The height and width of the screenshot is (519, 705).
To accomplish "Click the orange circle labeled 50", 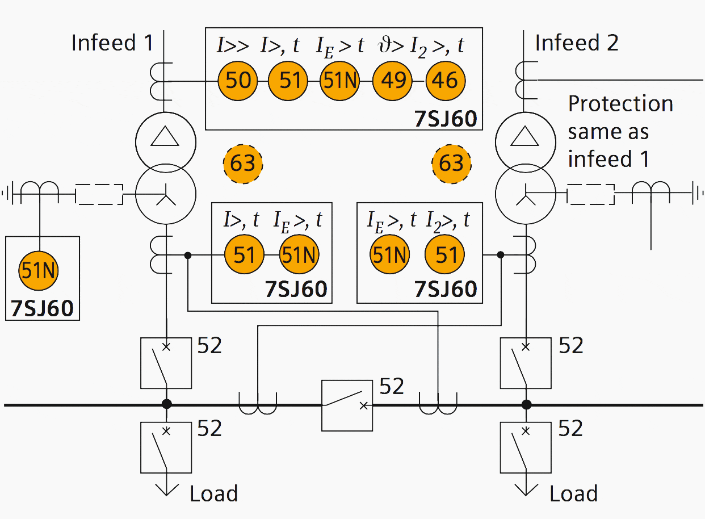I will tap(238, 81).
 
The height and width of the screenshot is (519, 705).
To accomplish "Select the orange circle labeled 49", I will tap(392, 81).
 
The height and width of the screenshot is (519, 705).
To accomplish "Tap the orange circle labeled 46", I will tap(446, 81).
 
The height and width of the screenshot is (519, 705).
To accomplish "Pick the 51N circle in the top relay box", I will tap(340, 81).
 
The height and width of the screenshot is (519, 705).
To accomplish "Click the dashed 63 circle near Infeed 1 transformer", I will tap(243, 164).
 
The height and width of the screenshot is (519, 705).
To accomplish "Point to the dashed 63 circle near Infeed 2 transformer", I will tap(452, 164).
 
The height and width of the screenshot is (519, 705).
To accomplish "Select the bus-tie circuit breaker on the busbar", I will tap(347, 405).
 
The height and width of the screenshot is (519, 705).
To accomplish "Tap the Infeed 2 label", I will tap(577, 43).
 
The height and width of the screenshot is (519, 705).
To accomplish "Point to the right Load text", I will tap(573, 493).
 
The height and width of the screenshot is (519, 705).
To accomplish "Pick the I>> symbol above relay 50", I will tap(233, 45).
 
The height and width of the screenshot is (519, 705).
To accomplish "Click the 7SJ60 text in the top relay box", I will tap(445, 119).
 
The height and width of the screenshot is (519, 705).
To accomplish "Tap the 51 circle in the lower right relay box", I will tap(445, 256).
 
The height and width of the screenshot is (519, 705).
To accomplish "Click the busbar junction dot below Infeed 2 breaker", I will tap(526, 405).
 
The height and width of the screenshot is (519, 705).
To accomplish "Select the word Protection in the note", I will tap(620, 104).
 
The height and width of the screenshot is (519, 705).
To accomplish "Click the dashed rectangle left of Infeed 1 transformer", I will tap(99, 194).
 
